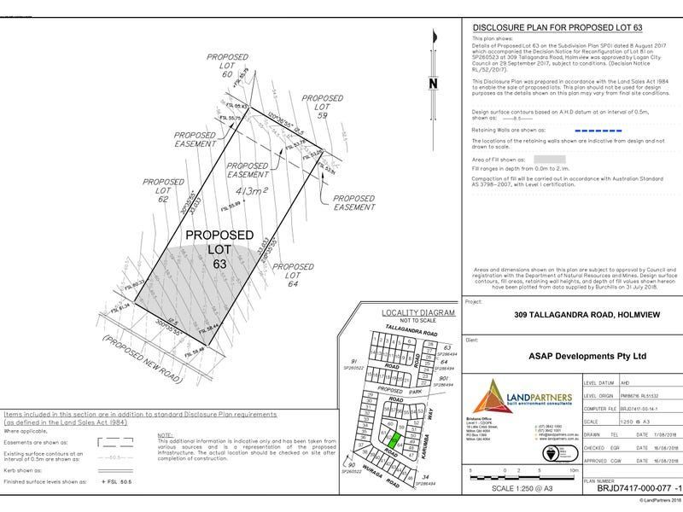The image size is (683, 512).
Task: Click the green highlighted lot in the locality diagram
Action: (x=399, y=443)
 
